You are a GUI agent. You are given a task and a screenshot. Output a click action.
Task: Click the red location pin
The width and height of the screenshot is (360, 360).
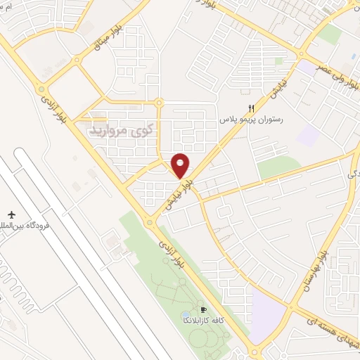[x=181, y=165]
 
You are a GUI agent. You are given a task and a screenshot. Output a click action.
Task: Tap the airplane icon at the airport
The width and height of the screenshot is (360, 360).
[x=11, y=213]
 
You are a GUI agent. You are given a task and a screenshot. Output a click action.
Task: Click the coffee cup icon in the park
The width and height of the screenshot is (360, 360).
[x=204, y=310]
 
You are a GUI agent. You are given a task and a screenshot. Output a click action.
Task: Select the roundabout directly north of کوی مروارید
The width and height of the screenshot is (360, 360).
[x=160, y=104]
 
